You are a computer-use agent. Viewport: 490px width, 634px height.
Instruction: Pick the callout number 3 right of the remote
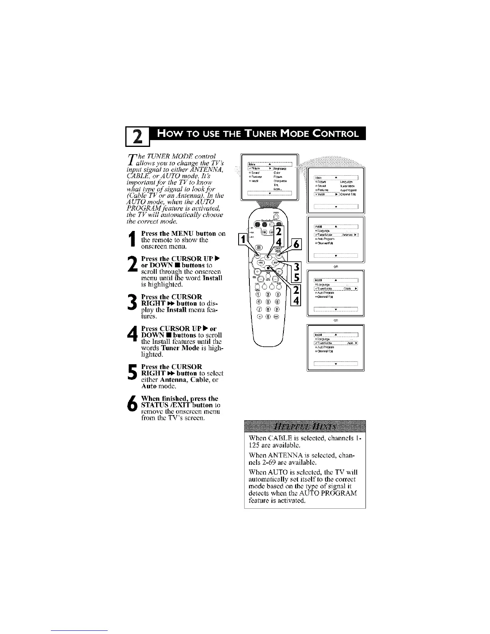(296, 268)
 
